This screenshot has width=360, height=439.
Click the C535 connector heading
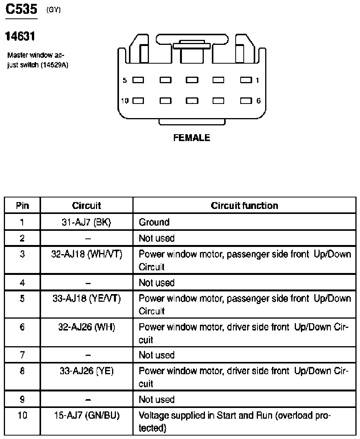click(21, 9)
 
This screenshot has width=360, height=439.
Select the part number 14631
click(20, 37)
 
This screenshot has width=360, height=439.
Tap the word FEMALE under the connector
click(192, 138)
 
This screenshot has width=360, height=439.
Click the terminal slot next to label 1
click(245, 80)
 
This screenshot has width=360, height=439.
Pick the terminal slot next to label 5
click(138, 80)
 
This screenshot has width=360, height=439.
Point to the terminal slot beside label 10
click(138, 101)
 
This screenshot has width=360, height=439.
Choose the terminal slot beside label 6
click(245, 101)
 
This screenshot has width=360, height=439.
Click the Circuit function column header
click(244, 206)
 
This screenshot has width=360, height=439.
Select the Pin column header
click(22, 206)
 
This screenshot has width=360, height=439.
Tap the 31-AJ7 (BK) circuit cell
click(86, 222)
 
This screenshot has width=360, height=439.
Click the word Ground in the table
click(154, 222)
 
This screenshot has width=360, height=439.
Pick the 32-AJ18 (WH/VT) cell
click(86, 254)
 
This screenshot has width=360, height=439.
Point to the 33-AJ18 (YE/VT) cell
click(86, 299)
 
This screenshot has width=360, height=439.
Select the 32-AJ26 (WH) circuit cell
click(86, 327)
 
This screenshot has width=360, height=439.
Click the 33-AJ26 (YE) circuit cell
click(86, 371)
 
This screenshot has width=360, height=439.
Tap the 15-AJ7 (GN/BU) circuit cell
click(86, 416)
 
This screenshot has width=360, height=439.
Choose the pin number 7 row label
click(22, 355)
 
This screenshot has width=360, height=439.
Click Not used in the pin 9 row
click(157, 400)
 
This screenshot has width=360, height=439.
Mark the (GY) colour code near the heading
click(53, 10)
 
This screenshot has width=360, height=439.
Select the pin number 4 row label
click(22, 283)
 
